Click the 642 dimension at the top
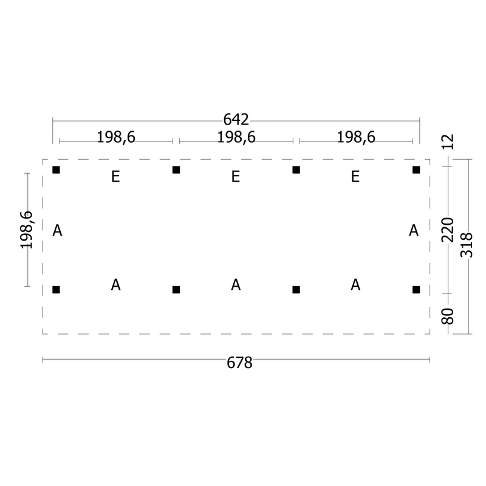(x=236, y=120)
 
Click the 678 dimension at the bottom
(x=239, y=363)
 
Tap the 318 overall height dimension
(x=467, y=245)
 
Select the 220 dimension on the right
(x=448, y=230)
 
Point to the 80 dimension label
(x=448, y=316)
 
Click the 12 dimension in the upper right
(x=448, y=142)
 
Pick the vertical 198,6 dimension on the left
(x=26, y=230)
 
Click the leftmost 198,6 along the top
(x=116, y=137)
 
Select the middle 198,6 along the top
(x=236, y=137)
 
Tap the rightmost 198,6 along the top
(x=356, y=137)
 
